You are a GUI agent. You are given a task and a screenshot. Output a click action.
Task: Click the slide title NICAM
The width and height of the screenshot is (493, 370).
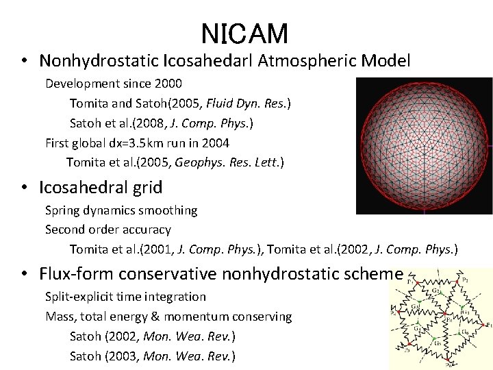244,33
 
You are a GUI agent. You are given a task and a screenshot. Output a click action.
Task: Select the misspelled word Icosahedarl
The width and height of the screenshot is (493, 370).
208,61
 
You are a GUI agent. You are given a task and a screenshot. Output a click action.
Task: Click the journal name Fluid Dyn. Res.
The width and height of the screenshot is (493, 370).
253,103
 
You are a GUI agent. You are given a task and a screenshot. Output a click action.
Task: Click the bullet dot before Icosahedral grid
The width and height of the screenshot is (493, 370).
24,187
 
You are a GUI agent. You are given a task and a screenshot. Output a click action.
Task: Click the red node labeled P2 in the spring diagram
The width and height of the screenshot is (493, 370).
457,281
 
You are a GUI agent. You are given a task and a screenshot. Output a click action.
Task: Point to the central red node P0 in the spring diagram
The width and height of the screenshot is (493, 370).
444,313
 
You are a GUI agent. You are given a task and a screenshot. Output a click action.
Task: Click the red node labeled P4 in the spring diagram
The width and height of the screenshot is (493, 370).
399,311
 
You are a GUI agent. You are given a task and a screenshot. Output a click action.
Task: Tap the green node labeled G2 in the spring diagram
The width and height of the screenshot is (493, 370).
440,293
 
